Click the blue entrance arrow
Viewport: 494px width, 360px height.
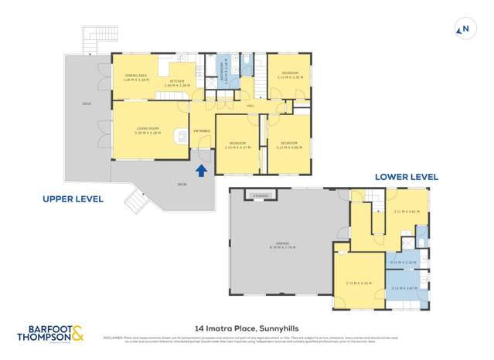tap(202, 171)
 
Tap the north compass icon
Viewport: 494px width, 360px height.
tap(464, 30)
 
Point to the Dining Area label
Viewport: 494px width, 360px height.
tap(136, 76)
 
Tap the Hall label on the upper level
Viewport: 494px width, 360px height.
tap(250, 106)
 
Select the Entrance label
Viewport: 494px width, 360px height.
tap(202, 131)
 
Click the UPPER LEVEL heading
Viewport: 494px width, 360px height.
tap(73, 199)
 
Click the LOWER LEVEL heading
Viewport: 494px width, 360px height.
tap(406, 177)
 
